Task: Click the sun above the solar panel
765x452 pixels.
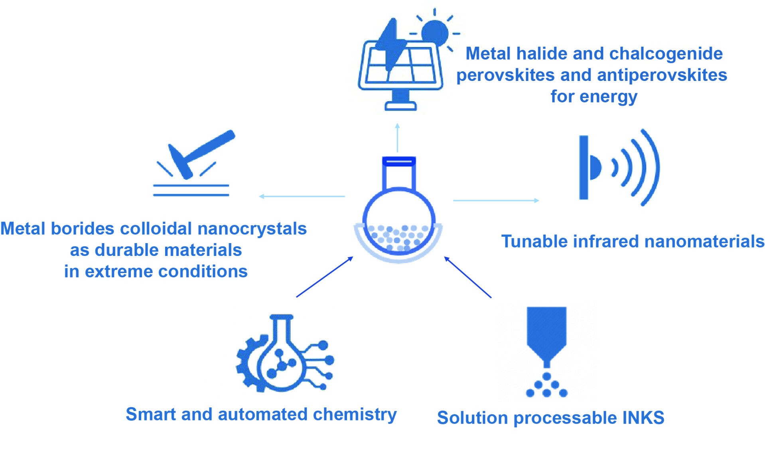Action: (435, 33)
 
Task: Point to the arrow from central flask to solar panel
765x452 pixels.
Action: (397, 138)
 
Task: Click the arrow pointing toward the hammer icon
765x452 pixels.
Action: (302, 196)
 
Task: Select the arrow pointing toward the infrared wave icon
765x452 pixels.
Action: (496, 200)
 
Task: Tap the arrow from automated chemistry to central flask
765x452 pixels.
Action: (325, 277)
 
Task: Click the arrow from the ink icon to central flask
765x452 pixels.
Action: (467, 277)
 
